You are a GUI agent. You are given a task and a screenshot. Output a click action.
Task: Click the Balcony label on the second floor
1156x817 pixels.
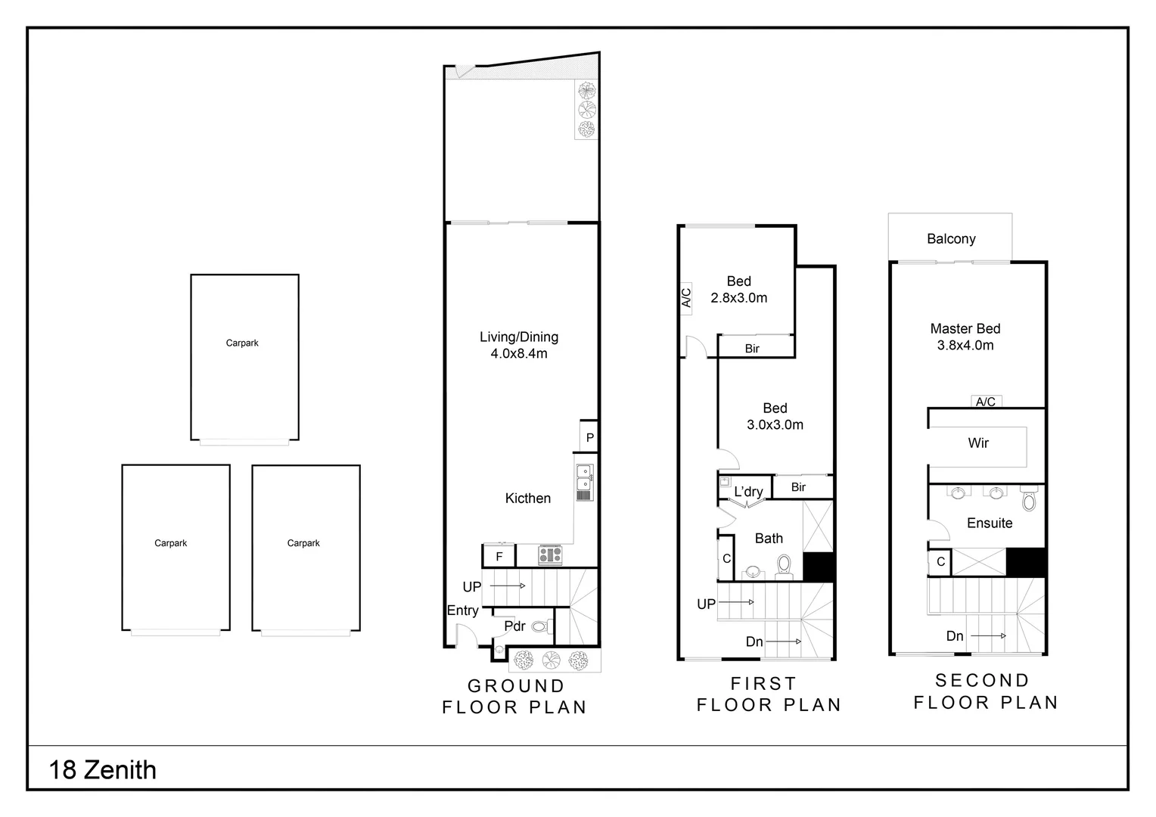pyautogui.click(x=951, y=239)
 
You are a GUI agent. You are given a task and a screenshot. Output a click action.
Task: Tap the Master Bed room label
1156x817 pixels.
pyautogui.click(x=965, y=329)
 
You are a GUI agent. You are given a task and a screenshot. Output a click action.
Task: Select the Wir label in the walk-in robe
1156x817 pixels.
pyautogui.click(x=978, y=443)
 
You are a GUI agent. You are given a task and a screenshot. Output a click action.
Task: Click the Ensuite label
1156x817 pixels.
pyautogui.click(x=989, y=523)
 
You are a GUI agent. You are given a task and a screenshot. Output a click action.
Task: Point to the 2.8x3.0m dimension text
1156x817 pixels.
pyautogui.click(x=738, y=298)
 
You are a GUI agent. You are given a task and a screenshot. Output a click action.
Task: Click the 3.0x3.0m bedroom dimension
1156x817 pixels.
pyautogui.click(x=775, y=425)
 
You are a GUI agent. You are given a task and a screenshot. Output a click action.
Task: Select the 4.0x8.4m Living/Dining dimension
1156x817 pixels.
pyautogui.click(x=519, y=353)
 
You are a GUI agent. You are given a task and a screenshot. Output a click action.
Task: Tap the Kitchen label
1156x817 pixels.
pyautogui.click(x=527, y=499)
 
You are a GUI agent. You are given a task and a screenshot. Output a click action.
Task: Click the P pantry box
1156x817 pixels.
pyautogui.click(x=589, y=438)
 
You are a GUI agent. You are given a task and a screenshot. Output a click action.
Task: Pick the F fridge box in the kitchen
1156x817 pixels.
pyautogui.click(x=499, y=557)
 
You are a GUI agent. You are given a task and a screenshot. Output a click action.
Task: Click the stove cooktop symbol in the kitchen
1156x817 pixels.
pyautogui.click(x=550, y=555)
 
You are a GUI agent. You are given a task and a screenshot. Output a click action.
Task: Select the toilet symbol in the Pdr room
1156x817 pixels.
pyautogui.click(x=540, y=626)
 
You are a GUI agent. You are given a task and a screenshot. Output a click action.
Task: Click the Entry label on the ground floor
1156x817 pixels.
pyautogui.click(x=462, y=610)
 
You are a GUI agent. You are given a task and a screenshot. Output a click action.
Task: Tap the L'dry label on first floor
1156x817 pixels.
pyautogui.click(x=748, y=492)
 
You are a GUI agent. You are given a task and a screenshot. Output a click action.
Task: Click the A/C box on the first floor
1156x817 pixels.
pyautogui.click(x=686, y=297)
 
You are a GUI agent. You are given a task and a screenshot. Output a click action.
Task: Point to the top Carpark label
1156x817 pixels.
pyautogui.click(x=242, y=343)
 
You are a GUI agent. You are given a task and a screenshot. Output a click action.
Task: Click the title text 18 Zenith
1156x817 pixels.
pyautogui.click(x=103, y=770)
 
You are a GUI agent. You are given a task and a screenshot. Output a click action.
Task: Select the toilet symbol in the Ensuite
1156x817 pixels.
pyautogui.click(x=1028, y=499)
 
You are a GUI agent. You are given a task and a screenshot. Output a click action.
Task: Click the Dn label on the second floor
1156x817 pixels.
pyautogui.click(x=955, y=636)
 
